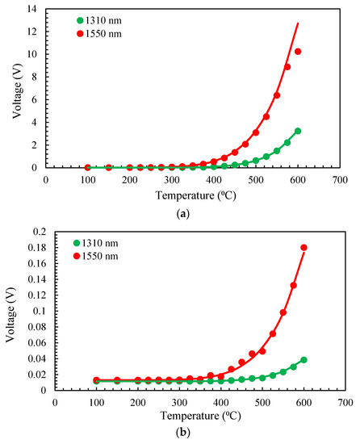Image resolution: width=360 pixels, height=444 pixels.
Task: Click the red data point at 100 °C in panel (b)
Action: pyautogui.click(x=96, y=379)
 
